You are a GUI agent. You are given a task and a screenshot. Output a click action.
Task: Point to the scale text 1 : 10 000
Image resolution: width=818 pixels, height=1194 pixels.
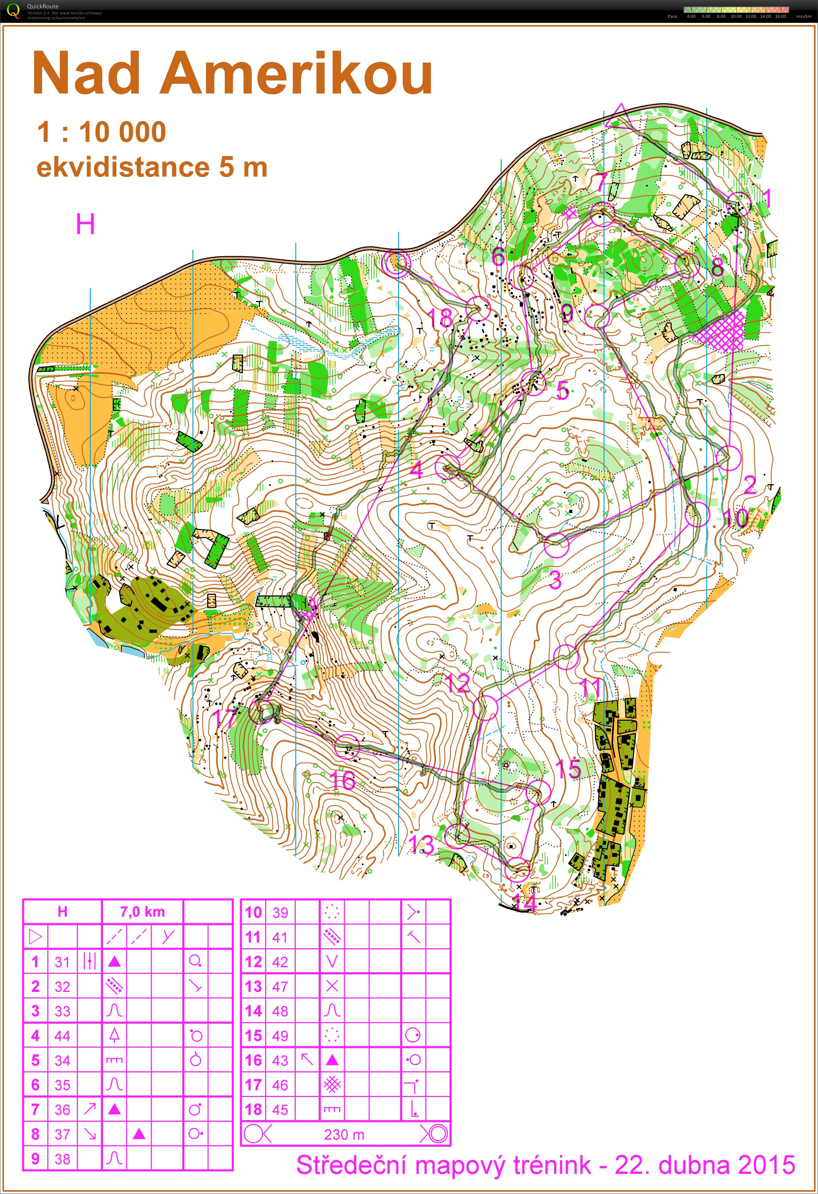pyautogui.click(x=101, y=132)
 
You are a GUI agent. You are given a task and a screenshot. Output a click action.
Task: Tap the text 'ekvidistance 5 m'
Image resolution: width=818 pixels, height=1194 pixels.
pyautogui.click(x=152, y=168)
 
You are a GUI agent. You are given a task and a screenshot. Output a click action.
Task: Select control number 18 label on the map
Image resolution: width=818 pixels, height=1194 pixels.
pyautogui.click(x=440, y=318)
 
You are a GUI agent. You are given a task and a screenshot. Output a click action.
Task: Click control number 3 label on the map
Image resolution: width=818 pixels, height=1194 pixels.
pyautogui.click(x=555, y=580)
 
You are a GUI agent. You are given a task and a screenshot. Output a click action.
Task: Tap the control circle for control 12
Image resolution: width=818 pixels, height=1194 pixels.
pyautogui.click(x=486, y=707)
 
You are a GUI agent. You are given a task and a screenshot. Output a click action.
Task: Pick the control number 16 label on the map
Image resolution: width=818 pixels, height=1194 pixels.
pyautogui.click(x=342, y=780)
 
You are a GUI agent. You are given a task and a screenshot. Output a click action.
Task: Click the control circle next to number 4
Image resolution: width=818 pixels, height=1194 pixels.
pyautogui.click(x=447, y=466)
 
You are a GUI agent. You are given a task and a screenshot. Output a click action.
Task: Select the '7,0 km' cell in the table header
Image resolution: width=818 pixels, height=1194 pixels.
pyautogui.click(x=142, y=912)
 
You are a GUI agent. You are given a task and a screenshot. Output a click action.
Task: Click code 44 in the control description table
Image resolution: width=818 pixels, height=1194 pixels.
pyautogui.click(x=62, y=1036)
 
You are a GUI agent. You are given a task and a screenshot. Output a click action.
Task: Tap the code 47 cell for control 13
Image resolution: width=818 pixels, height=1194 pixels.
pyautogui.click(x=280, y=986)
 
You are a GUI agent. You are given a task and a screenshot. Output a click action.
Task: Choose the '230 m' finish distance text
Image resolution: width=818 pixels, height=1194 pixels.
pyautogui.click(x=344, y=1135)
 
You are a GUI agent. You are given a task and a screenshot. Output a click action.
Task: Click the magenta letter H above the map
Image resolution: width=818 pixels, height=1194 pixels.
pyautogui.click(x=85, y=225)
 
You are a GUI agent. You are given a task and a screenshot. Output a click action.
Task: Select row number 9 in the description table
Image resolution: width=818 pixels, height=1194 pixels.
pyautogui.click(x=35, y=1159)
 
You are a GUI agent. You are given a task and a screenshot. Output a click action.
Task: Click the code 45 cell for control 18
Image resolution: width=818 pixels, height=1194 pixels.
pyautogui.click(x=280, y=1110)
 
